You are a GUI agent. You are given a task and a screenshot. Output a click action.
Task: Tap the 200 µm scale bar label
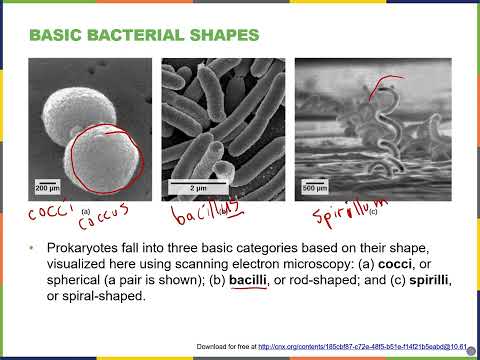(x=47, y=187)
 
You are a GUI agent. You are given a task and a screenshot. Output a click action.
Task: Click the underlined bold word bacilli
(x=248, y=282)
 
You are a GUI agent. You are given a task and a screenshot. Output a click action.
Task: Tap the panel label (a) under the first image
(x=87, y=210)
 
